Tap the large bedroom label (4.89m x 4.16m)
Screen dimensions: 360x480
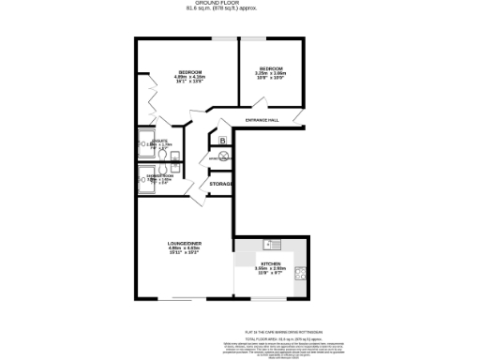click(192, 76)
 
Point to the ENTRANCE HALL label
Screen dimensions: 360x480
click(262, 121)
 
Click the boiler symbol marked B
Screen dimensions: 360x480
click(222, 141)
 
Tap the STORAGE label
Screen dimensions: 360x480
click(220, 184)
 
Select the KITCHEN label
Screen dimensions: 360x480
click(270, 267)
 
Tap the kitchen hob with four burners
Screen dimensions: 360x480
click(300, 275)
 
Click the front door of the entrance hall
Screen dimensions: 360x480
click(296, 117)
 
